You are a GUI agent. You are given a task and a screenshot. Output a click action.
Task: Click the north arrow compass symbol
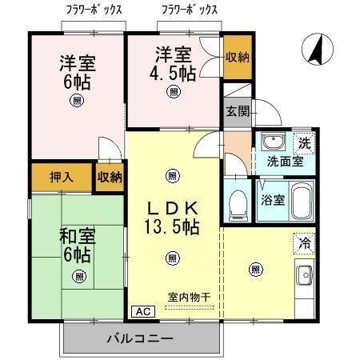pos(316,52)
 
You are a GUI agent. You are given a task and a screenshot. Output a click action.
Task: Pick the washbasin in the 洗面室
pos(273,144)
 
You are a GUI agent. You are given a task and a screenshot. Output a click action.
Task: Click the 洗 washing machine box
pos(303,143)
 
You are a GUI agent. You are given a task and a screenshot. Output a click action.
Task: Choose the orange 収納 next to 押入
pos(109,178)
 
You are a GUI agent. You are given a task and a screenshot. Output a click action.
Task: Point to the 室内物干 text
pos(189,298)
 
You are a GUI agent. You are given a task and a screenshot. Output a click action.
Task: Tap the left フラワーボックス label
pos(94,10)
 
